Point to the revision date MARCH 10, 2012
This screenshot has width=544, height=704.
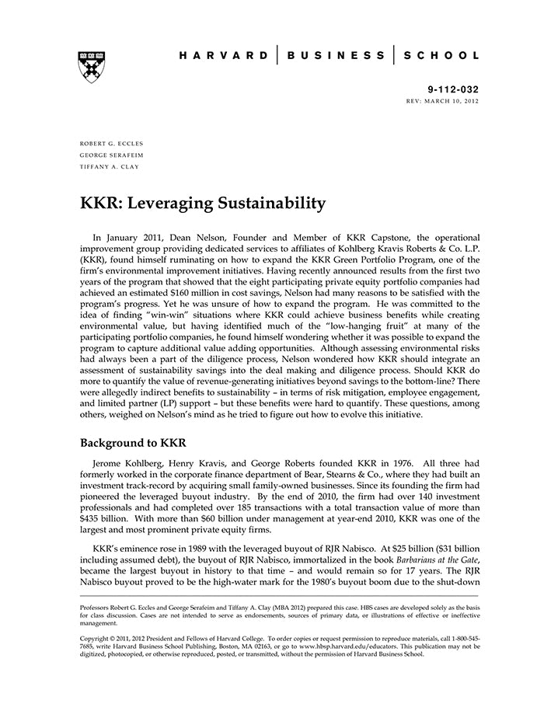454,102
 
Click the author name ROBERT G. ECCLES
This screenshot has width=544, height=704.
112,144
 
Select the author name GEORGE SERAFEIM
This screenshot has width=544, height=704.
111,155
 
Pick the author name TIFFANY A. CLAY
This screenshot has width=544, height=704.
109,166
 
